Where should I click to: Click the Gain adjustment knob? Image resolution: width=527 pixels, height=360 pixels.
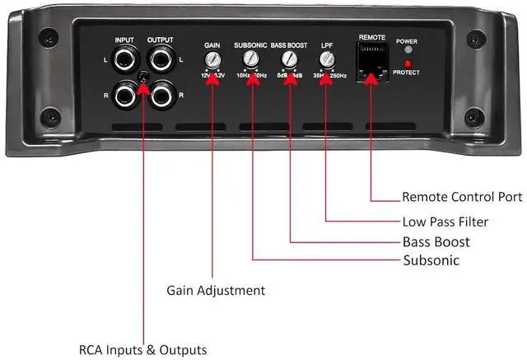tap(212, 59)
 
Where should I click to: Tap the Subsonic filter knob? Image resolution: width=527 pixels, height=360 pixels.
tap(250, 59)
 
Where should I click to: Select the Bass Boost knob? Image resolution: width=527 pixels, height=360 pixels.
tap(288, 59)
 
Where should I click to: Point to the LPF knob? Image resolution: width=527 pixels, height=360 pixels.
tap(327, 59)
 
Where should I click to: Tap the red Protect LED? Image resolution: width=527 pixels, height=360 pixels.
tap(406, 63)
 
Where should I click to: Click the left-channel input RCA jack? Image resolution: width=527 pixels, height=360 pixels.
tap(127, 60)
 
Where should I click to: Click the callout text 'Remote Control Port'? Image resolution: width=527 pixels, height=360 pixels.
tap(461, 197)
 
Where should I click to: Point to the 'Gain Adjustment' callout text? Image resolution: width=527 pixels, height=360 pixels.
tap(216, 290)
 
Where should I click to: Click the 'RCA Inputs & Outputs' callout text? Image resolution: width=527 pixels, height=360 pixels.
tap(142, 349)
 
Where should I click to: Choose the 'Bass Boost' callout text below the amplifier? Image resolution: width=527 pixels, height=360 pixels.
tap(436, 241)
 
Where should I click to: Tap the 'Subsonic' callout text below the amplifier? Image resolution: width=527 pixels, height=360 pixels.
tap(431, 260)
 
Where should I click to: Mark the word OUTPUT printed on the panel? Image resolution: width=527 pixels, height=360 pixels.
tap(161, 39)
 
